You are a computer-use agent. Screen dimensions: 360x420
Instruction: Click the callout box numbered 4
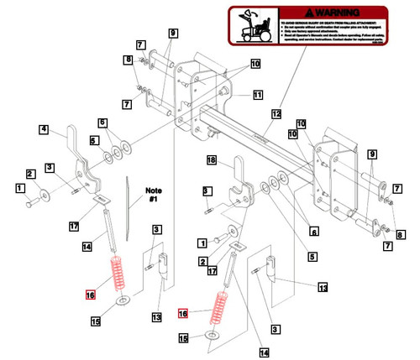point(43,129)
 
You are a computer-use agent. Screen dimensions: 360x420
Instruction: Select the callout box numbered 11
point(257,95)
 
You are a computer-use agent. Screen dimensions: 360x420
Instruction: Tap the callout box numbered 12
point(276,112)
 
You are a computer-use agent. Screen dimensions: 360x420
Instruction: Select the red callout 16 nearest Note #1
point(90,294)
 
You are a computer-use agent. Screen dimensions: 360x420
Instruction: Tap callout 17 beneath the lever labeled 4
point(74,226)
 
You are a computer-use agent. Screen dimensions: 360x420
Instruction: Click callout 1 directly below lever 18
point(202,242)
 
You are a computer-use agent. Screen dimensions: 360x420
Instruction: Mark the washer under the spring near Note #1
point(123,300)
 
